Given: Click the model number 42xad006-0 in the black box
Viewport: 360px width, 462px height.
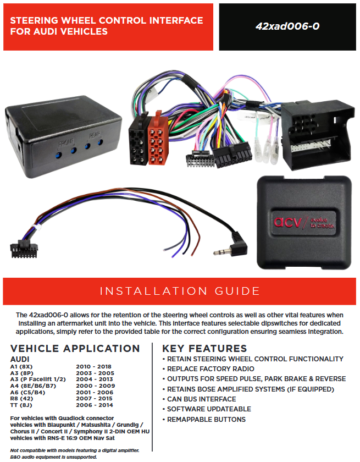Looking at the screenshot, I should (287, 26).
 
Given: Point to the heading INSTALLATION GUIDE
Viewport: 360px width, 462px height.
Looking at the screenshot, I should (180, 290).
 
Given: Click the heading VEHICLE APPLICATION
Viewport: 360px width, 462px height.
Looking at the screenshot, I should (75, 348).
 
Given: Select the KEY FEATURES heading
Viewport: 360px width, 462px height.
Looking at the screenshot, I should (204, 348).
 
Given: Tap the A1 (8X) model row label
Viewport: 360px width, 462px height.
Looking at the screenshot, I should (22, 366).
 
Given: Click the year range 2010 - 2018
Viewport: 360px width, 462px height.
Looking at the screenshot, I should (94, 366).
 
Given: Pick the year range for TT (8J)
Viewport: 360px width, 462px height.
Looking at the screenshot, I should (94, 405).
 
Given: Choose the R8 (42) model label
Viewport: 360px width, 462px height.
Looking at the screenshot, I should (23, 399).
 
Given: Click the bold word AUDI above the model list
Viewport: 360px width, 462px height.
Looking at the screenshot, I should (21, 359).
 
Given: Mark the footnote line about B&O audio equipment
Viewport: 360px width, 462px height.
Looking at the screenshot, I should (53, 457).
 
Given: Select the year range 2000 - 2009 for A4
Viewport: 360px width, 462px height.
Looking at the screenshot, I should (94, 386).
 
